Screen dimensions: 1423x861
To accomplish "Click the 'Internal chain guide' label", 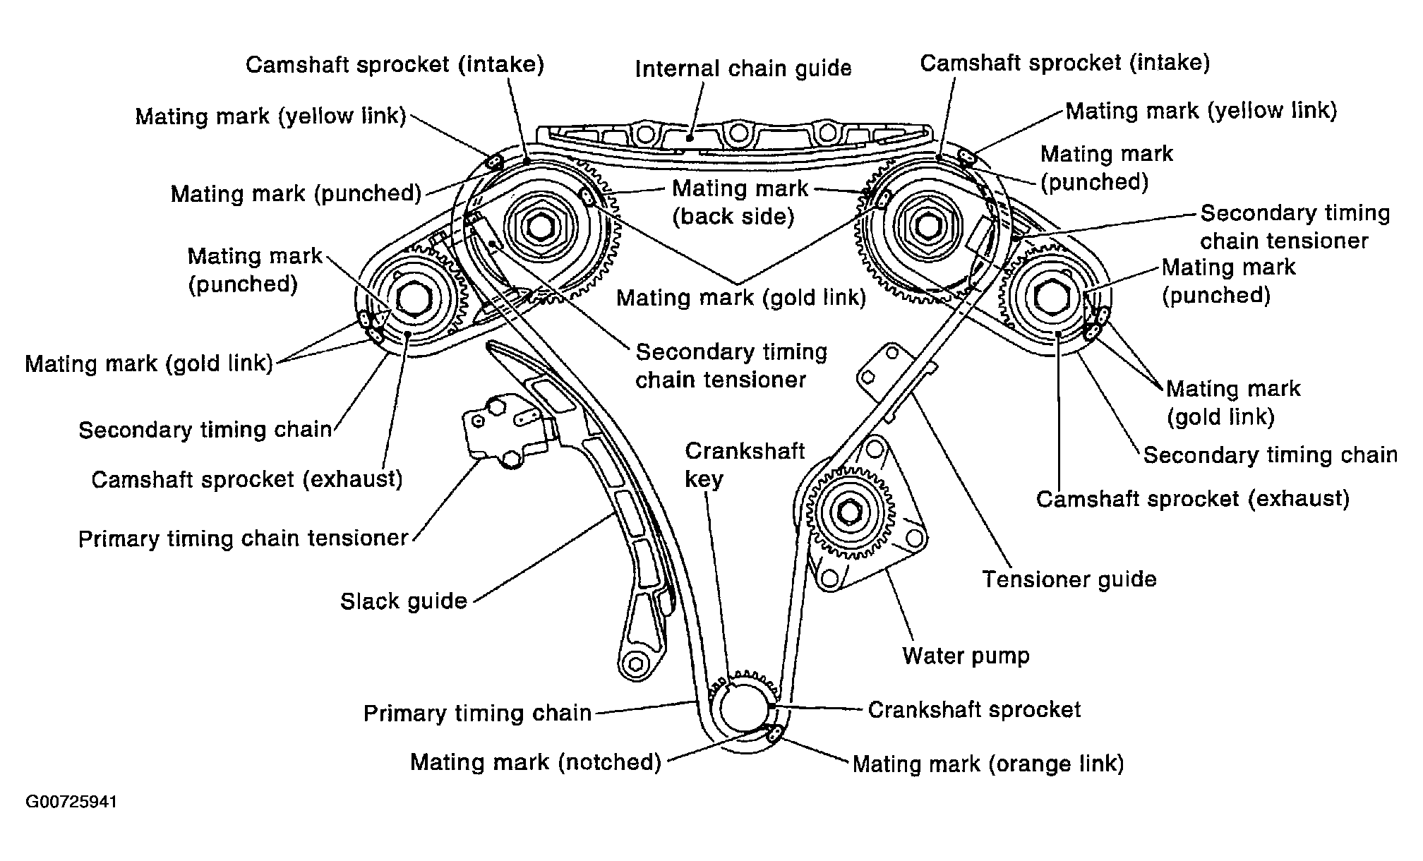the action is [743, 68].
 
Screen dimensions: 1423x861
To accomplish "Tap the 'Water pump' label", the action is [966, 656].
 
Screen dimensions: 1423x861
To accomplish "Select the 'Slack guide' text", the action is [404, 601].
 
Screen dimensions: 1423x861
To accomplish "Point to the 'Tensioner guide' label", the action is [1069, 579].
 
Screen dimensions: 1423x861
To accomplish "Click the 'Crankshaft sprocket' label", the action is [974, 709].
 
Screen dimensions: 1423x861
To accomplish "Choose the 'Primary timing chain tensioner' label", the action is [244, 538].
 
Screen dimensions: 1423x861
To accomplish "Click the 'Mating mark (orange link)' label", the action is [988, 764].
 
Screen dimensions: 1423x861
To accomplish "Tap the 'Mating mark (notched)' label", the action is [536, 762].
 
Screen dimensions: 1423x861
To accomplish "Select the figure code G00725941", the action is [71, 802].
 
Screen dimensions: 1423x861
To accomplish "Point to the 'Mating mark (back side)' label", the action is [740, 202].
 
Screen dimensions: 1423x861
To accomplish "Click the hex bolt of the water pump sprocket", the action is [849, 513].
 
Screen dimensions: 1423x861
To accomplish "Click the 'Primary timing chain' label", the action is [477, 713].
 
